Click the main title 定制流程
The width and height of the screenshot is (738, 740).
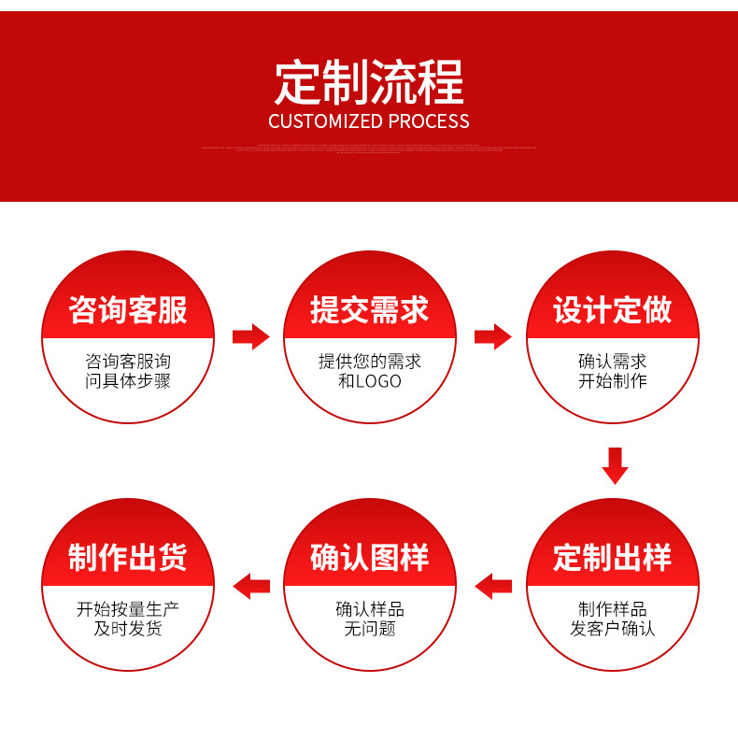[x=369, y=83]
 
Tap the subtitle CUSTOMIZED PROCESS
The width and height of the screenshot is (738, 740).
[x=369, y=121]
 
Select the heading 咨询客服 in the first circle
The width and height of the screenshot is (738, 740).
[x=128, y=310]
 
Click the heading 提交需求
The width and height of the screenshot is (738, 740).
[x=370, y=310]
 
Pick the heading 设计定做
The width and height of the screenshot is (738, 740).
[x=613, y=310]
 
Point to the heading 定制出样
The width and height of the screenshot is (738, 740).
[x=613, y=558]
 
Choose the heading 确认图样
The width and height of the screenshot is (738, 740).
[x=370, y=558]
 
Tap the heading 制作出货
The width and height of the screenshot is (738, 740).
[x=128, y=558]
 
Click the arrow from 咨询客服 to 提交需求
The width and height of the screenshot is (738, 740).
[x=250, y=336]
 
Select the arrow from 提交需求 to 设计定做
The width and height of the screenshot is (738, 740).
[x=492, y=336]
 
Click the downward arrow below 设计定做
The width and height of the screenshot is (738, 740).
[x=614, y=465]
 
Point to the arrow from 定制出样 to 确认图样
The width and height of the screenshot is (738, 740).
[x=493, y=587]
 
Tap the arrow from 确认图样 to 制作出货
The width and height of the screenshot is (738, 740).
[x=251, y=587]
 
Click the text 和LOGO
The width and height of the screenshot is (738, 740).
[x=370, y=381]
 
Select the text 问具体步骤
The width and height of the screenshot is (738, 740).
[x=128, y=381]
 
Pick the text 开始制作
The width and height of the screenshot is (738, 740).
[x=613, y=381]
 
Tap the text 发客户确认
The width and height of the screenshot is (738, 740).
[x=613, y=629]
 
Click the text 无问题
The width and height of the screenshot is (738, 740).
[x=370, y=629]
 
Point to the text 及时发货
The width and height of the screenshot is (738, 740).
[x=128, y=629]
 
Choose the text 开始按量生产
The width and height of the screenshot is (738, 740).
[x=128, y=609]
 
